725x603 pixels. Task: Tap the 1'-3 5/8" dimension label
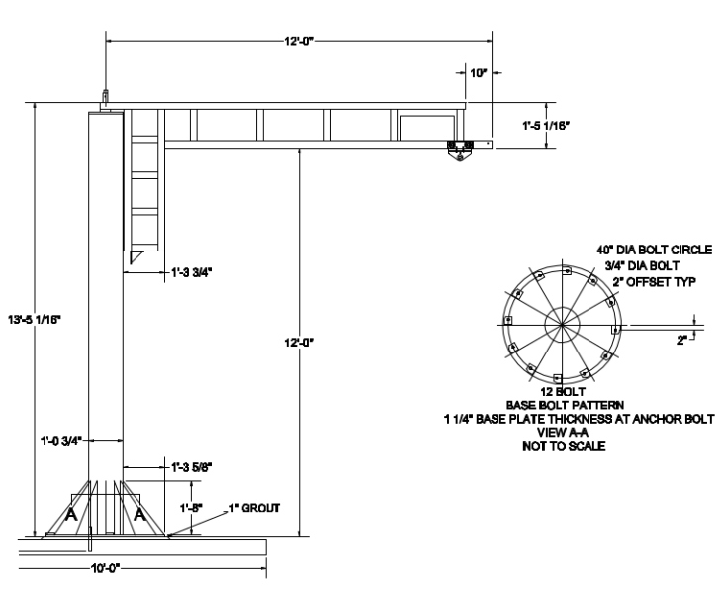pos(185,467)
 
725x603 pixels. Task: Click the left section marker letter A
pos(70,515)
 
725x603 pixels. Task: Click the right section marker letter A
pos(138,515)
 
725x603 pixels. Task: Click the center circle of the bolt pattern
pos(560,324)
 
